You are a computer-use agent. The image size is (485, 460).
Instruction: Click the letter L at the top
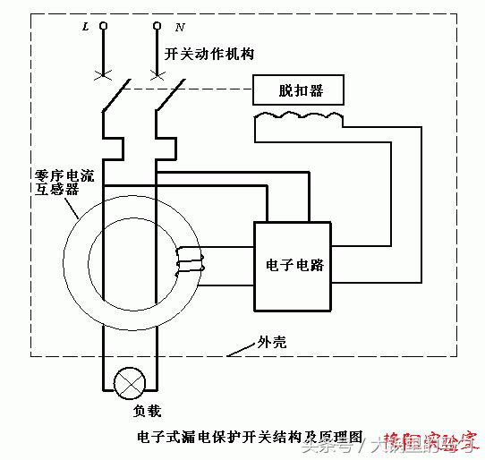click(85, 28)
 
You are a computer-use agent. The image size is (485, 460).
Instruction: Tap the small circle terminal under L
click(104, 27)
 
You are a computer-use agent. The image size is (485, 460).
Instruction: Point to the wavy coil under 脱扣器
click(298, 117)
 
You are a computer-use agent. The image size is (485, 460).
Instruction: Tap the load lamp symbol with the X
click(132, 384)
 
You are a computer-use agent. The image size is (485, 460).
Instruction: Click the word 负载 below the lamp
click(132, 414)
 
